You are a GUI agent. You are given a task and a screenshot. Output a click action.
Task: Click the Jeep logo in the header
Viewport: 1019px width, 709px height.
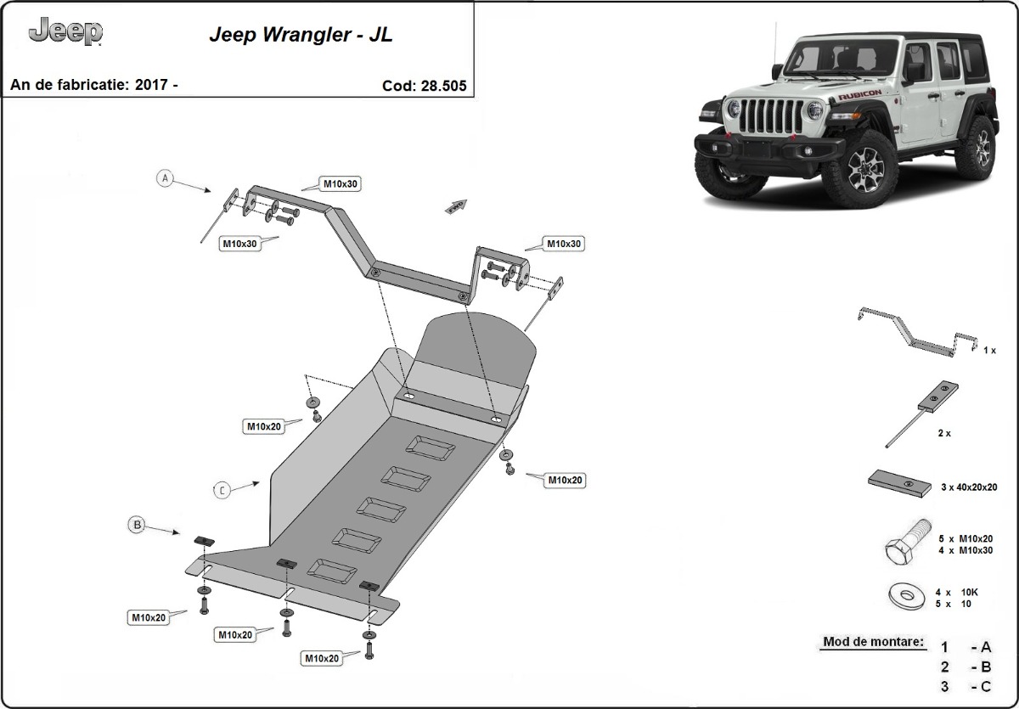[65, 32]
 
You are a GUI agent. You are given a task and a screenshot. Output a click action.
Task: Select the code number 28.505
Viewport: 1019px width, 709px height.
[443, 86]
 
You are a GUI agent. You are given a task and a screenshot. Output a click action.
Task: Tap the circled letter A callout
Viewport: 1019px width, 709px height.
[165, 178]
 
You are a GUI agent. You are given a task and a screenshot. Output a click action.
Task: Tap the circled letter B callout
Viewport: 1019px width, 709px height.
[137, 525]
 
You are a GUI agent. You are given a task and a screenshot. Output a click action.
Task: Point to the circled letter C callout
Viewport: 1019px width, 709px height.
[222, 490]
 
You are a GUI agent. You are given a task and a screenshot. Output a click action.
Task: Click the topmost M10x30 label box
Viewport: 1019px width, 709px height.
[341, 183]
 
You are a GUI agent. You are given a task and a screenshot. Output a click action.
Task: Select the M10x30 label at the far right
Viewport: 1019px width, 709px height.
[564, 244]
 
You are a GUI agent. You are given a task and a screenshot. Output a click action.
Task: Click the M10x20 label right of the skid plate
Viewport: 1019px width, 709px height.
[565, 480]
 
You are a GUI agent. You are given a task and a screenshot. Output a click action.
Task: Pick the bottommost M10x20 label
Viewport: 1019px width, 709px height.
[322, 658]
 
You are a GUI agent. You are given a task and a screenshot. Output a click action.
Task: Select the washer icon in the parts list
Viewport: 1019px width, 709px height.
[906, 595]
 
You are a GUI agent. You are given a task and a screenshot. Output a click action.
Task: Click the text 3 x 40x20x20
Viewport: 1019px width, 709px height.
[969, 487]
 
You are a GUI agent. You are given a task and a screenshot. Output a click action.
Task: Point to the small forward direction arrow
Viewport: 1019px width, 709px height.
[456, 206]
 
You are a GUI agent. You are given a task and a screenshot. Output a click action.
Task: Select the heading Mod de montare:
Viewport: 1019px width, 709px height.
[873, 642]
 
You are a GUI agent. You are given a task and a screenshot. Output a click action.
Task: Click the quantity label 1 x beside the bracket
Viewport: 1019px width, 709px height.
[989, 350]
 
